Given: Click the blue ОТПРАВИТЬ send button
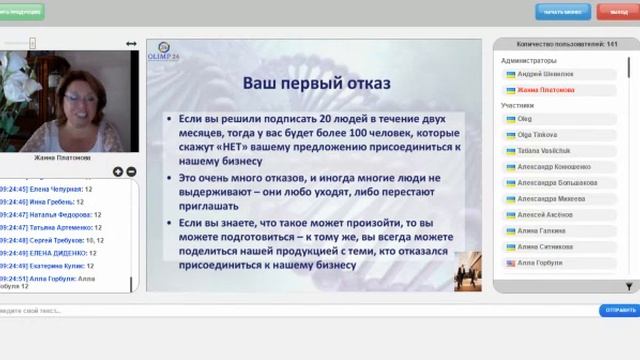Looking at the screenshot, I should (x=619, y=310).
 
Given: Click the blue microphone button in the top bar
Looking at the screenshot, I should (x=563, y=11).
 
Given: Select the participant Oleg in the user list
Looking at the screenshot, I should (x=525, y=119).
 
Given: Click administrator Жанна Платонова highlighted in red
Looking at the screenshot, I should (x=546, y=89).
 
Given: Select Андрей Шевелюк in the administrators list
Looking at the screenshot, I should (x=545, y=74).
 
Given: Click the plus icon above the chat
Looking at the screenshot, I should (x=118, y=172).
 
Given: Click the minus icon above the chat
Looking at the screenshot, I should (x=130, y=172).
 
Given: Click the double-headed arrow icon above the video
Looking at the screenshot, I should (x=131, y=44).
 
